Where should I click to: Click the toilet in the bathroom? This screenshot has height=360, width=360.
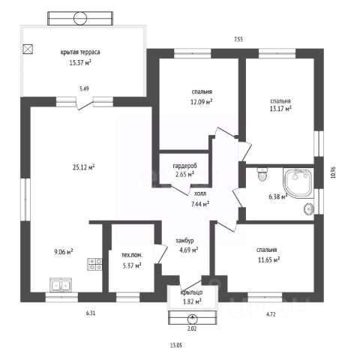(262, 174)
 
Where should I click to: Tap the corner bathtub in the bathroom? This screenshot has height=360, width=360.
(298, 183)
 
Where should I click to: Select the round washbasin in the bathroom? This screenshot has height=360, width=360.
(309, 208)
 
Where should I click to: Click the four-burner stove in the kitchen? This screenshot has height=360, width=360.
(94, 264)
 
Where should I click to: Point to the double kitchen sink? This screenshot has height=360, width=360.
(61, 285)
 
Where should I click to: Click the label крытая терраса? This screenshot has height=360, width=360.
(80, 52)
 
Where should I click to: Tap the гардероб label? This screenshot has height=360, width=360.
(184, 166)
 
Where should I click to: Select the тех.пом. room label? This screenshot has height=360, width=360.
(132, 255)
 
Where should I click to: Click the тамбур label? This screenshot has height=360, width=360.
(184, 241)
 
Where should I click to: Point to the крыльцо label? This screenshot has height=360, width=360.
(191, 292)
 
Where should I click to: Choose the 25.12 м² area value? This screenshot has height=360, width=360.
(83, 167)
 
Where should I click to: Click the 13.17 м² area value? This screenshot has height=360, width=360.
(280, 109)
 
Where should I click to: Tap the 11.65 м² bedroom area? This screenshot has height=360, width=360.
(268, 260)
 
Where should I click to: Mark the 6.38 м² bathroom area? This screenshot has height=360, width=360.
(278, 196)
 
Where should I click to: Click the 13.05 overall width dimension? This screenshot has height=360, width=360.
(176, 346)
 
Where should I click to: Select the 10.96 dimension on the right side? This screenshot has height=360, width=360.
(333, 172)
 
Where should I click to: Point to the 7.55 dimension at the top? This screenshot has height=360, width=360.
(238, 39)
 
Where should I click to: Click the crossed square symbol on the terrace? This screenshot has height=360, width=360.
(28, 49)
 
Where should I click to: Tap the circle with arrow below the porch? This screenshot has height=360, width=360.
(192, 319)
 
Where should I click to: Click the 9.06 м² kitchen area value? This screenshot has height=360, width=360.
(64, 251)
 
